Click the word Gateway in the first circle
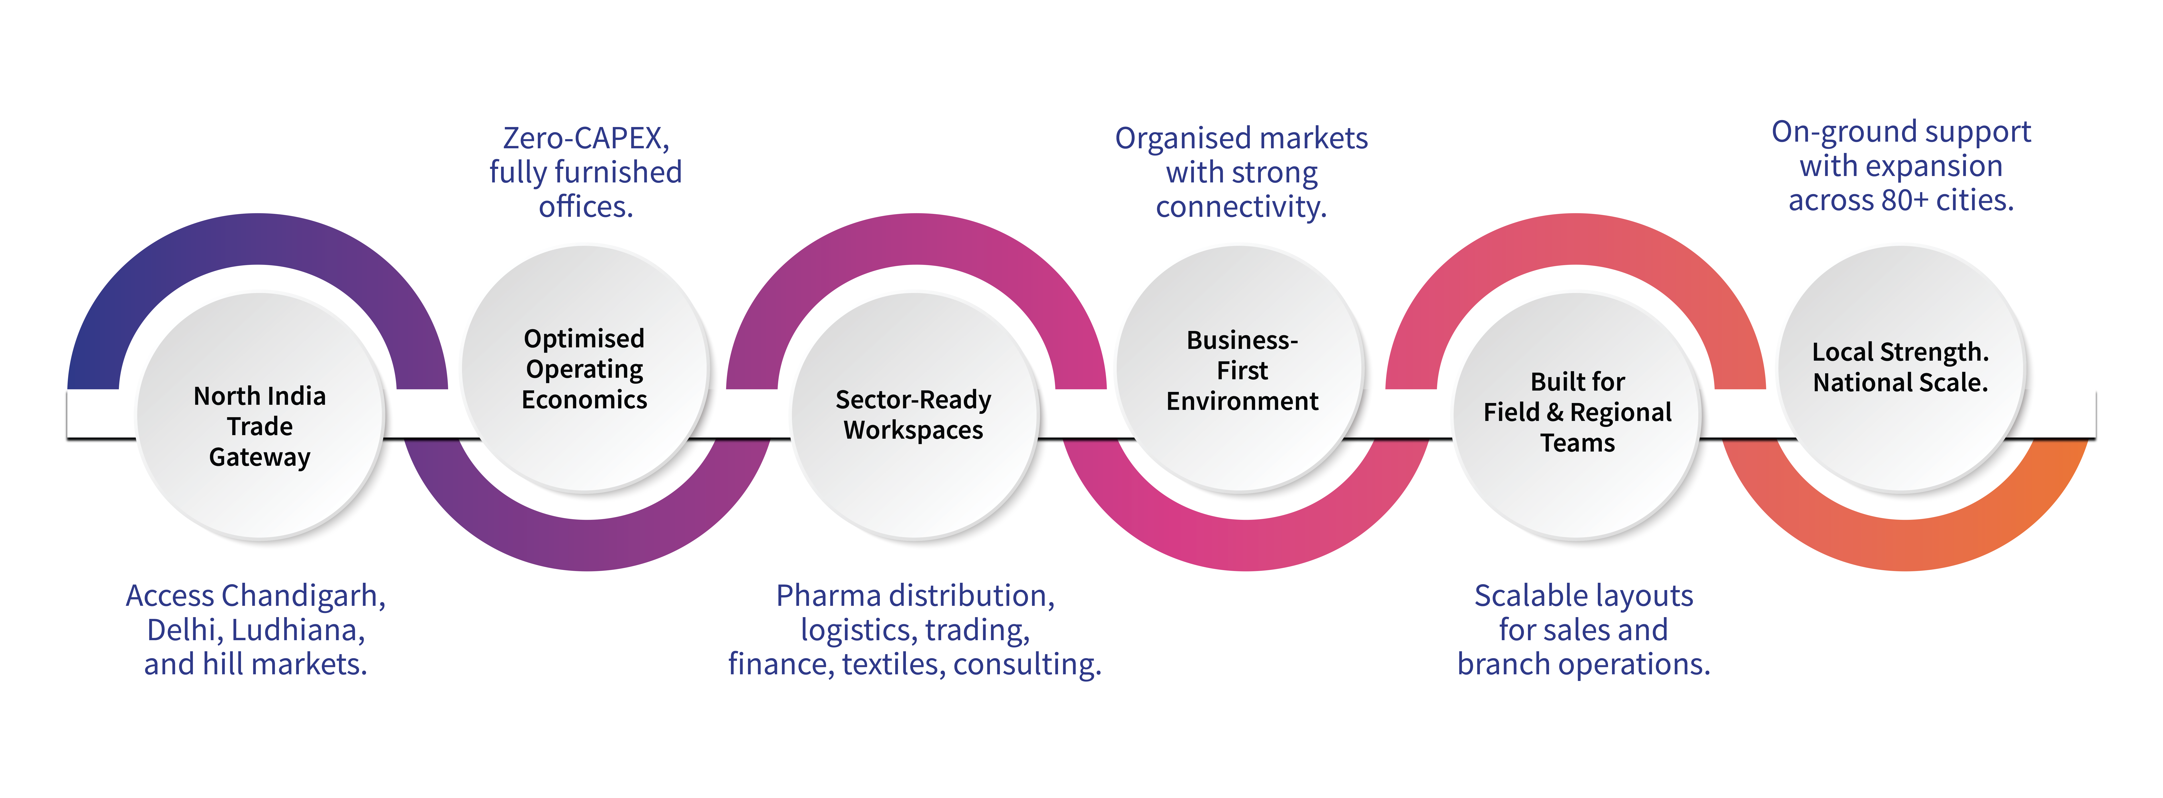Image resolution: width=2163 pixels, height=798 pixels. [x=259, y=457]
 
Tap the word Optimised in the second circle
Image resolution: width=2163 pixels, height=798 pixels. [x=584, y=338]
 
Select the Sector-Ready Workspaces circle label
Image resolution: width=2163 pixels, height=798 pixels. [x=914, y=415]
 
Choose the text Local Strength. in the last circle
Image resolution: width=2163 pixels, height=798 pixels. [x=1900, y=352]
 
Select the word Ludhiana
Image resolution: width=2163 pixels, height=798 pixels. [x=298, y=630]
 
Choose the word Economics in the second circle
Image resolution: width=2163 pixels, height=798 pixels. [x=584, y=399]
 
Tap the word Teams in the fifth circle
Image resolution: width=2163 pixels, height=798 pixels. [x=1577, y=443]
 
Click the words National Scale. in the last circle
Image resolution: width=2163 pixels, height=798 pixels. [x=1900, y=383]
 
